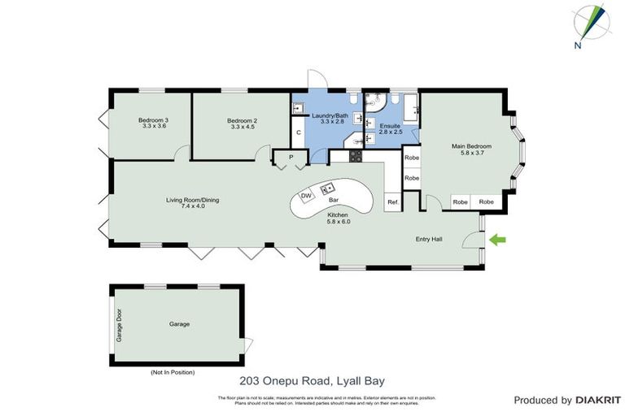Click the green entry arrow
point(497,239)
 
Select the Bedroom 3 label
point(154,120)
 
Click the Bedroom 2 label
point(243,120)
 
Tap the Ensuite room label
point(390,126)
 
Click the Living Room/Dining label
point(193,200)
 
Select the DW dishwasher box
point(307,196)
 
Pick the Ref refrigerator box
point(392,201)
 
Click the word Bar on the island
point(333,198)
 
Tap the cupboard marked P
point(290,157)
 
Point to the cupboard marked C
point(299,132)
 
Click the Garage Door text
point(119,324)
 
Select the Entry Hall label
point(429,239)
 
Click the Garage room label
point(179,323)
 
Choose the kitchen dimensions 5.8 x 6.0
point(338,221)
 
